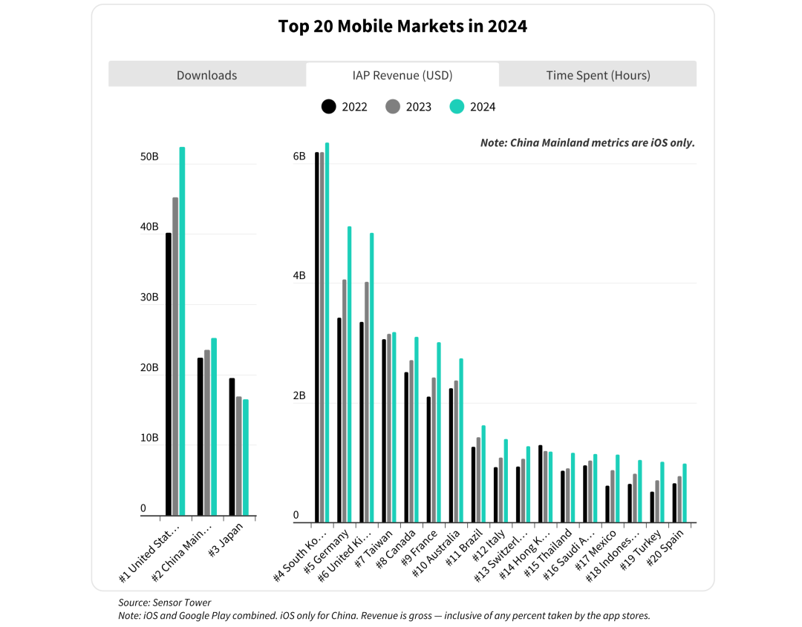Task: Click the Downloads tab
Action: (x=206, y=75)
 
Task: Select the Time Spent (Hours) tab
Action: (x=598, y=75)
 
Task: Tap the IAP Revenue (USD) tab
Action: (x=402, y=75)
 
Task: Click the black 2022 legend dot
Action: (x=329, y=107)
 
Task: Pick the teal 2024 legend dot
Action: (x=457, y=107)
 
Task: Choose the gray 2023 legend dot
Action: (x=393, y=107)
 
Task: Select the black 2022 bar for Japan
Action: (x=232, y=446)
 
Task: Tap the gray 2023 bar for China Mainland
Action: (x=207, y=432)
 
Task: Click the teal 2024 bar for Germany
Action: (x=349, y=374)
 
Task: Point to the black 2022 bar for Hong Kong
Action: (x=540, y=483)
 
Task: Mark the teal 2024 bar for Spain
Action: (x=685, y=493)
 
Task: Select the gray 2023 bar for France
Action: (x=434, y=450)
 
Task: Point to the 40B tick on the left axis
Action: (x=150, y=227)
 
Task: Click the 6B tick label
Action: (x=299, y=157)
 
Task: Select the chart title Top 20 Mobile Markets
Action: (x=402, y=27)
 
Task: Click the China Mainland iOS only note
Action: (x=587, y=142)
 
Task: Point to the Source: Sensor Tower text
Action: (x=165, y=603)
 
